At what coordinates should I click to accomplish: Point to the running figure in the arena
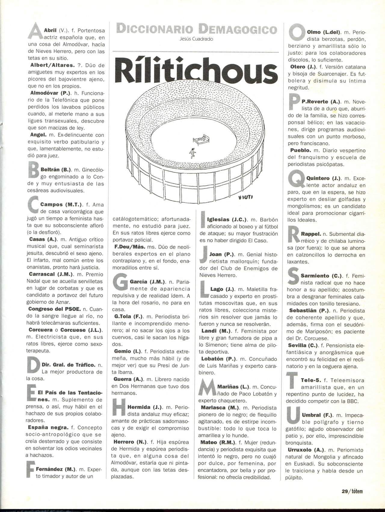(192, 153)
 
